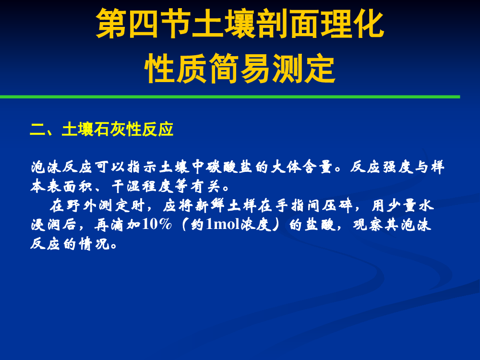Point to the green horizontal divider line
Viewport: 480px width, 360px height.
[x=230, y=97]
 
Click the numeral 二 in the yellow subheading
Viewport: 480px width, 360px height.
[x=37, y=130]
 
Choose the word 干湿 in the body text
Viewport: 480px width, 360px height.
[x=126, y=186]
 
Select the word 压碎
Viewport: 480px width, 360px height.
[x=338, y=205]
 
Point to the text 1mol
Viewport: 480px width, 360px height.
[x=223, y=224]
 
